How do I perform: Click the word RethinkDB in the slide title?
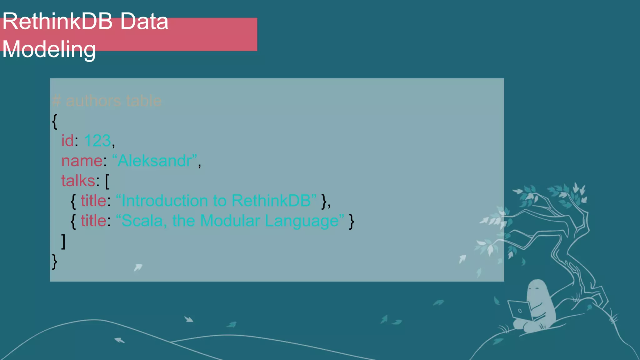click(x=57, y=22)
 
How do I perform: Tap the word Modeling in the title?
click(x=49, y=49)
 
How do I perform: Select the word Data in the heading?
click(x=144, y=22)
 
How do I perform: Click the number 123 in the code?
click(x=97, y=141)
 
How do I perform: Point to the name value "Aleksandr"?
click(x=155, y=161)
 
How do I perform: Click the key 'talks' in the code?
click(x=78, y=181)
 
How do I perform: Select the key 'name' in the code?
click(x=82, y=161)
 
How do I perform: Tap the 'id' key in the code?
click(x=67, y=141)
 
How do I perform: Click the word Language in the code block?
click(x=302, y=221)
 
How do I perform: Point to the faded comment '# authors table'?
click(x=107, y=101)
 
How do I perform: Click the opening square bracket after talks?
click(x=107, y=181)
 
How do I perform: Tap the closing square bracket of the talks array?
click(x=63, y=241)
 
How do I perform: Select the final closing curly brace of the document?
click(x=55, y=261)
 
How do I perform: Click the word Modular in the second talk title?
click(x=230, y=221)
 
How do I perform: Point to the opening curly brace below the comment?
click(x=55, y=121)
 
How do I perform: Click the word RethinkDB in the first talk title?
click(x=271, y=201)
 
